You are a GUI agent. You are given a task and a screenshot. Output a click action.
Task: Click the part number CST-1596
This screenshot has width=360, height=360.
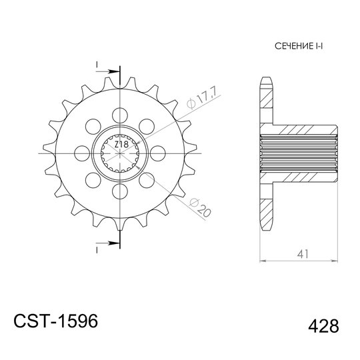tap(56, 321)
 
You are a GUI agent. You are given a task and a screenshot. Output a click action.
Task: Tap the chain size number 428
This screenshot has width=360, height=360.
tap(323, 326)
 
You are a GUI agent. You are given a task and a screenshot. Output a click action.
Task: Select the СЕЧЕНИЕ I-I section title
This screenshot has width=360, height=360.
tap(299, 46)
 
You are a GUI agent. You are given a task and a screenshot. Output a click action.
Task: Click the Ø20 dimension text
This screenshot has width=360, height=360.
tap(199, 207)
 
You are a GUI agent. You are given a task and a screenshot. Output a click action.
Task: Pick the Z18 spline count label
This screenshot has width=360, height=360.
tap(121, 145)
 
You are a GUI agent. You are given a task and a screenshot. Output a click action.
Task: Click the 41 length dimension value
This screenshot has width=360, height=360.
tap(303, 254)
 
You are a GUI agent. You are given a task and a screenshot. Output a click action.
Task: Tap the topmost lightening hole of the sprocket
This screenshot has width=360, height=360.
tap(120, 115)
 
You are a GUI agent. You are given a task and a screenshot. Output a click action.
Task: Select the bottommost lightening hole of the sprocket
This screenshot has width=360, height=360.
tap(120, 191)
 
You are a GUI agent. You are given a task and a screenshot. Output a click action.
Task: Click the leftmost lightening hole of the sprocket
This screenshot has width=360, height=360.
tap(82, 153)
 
